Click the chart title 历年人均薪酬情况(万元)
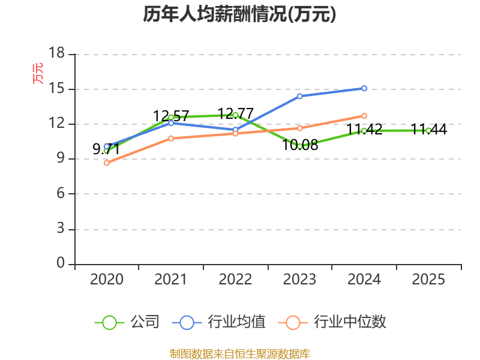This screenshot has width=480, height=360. (239, 14)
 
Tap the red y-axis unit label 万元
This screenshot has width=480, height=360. (38, 73)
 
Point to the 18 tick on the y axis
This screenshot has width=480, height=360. (56, 53)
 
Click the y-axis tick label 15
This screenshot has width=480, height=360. (56, 89)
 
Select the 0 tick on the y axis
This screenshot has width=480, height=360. (61, 263)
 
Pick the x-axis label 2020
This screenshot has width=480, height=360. (107, 280)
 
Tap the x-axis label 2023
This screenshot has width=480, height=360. (299, 280)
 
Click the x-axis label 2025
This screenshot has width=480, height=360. (428, 280)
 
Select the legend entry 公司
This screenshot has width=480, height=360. (127, 322)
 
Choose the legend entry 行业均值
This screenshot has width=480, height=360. (218, 322)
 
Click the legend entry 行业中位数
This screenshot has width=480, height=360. (332, 322)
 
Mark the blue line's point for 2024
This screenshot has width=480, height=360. (364, 88)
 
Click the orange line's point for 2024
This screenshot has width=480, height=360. (364, 116)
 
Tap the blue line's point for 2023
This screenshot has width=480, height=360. (299, 96)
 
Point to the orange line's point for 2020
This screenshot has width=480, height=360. (107, 163)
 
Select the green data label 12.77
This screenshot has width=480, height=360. (235, 113)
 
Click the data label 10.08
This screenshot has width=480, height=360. (300, 145)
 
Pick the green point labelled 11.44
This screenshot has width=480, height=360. (428, 131)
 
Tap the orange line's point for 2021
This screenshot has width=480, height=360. (171, 139)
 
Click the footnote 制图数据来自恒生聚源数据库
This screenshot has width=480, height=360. (240, 354)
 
